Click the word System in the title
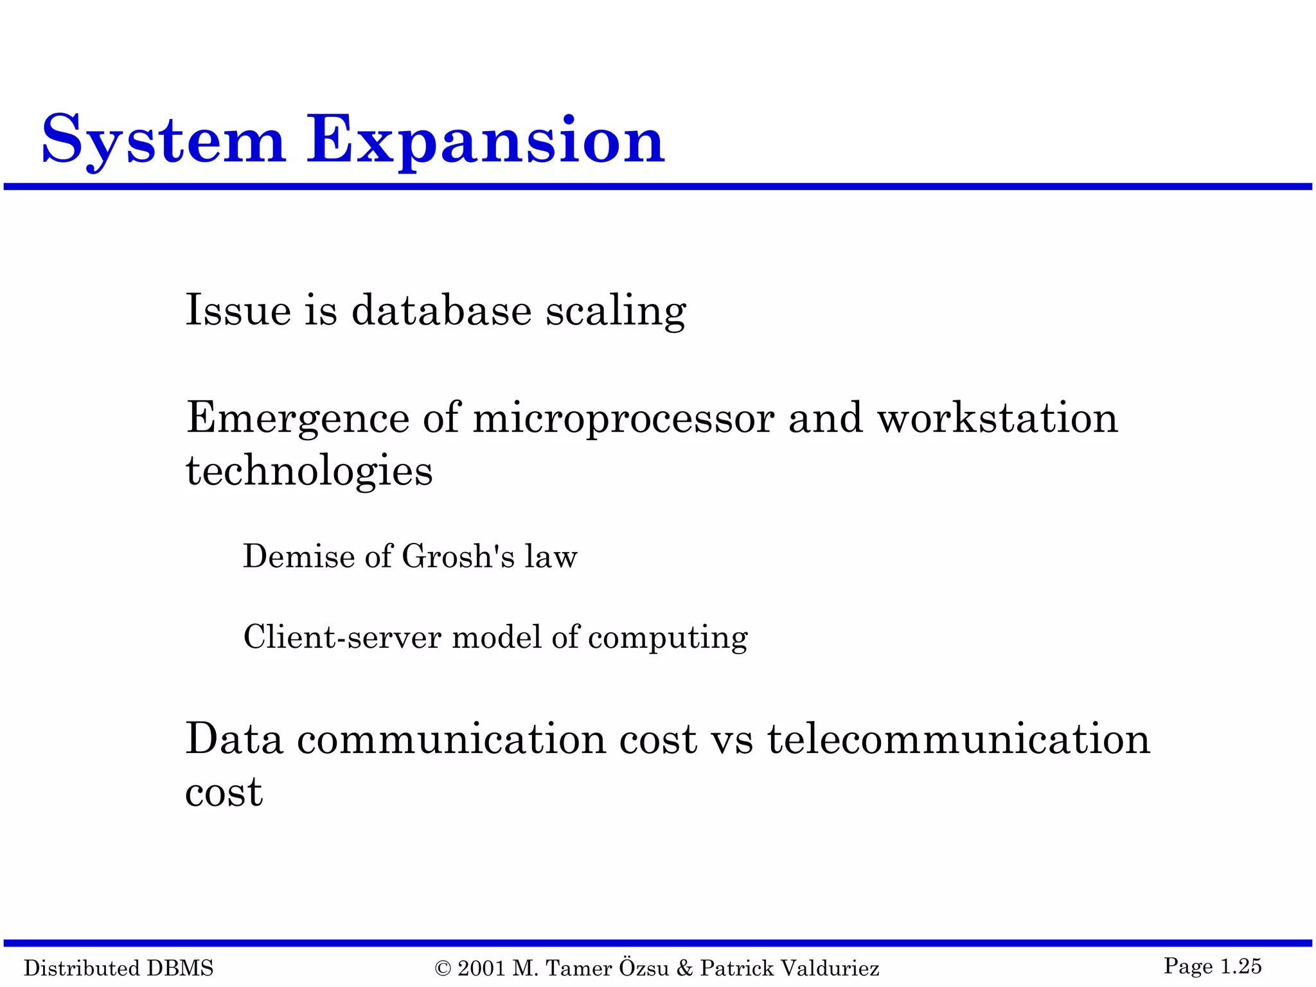(x=163, y=140)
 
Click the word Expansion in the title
(x=485, y=140)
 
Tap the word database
(x=441, y=310)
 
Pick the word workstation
(x=997, y=418)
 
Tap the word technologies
(x=309, y=472)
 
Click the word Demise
(x=298, y=556)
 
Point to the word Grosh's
(x=458, y=556)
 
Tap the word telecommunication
(x=958, y=739)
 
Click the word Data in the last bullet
(x=234, y=739)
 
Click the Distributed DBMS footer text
(x=119, y=968)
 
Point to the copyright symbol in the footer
(x=443, y=968)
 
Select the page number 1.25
(x=1241, y=966)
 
